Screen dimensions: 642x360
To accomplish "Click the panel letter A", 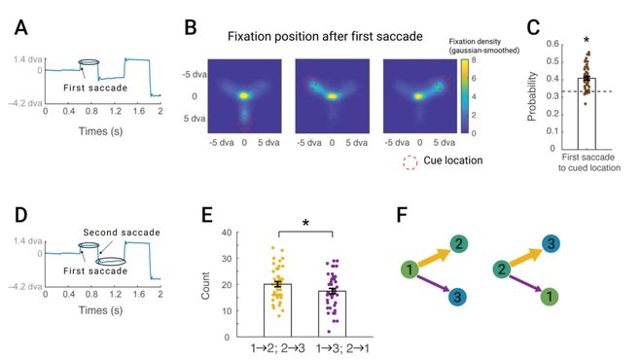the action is coord(21,28).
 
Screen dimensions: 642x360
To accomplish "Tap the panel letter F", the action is coord(403,214).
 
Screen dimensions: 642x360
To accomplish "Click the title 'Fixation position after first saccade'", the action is coord(325,36).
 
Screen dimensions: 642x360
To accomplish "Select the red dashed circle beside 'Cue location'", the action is coord(410,162).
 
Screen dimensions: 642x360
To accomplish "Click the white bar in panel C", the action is coord(587,114).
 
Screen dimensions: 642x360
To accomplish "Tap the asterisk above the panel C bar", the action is coord(587,40).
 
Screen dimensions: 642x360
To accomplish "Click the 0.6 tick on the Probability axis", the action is coord(553,44).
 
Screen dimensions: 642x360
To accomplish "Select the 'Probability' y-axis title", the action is coord(532,96).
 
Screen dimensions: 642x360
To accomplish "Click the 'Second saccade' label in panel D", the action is coord(122,233).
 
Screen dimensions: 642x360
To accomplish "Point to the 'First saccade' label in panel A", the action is coord(95,88).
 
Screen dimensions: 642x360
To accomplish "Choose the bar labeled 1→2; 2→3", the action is coord(277,310).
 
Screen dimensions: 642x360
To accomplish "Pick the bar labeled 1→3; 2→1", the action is coord(332,313).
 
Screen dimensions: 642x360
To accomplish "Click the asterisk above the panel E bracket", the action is coord(305,223).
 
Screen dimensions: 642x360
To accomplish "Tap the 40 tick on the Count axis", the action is coord(226,233).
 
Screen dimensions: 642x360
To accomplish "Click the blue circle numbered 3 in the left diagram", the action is coord(458,296).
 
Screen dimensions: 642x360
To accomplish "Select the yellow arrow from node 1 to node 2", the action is coord(433,258).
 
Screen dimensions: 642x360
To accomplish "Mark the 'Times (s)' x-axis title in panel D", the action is coord(101,310).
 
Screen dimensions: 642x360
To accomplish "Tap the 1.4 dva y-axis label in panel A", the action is coord(28,59).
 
